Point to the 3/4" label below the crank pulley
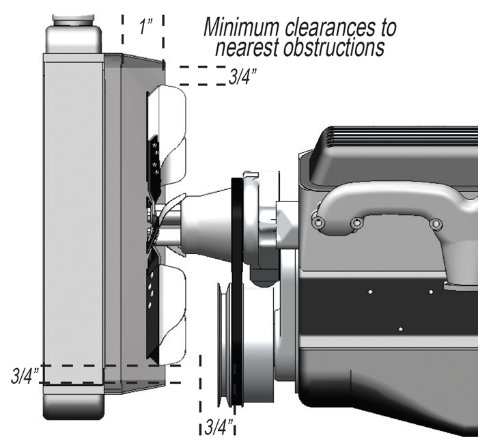click(219, 428)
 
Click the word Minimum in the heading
click(244, 27)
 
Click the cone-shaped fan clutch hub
click(208, 221)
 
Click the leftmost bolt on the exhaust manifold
click(317, 222)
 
